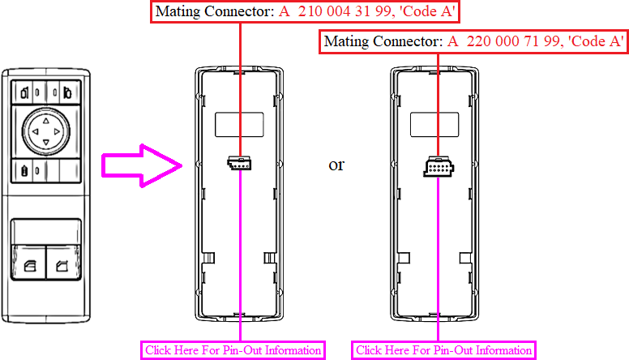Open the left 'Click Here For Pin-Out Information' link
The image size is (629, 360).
[233, 350]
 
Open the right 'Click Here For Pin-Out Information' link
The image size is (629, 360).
[444, 350]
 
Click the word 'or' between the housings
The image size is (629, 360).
[336, 165]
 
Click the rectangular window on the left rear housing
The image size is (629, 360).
[238, 124]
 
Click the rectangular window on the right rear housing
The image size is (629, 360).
[439, 124]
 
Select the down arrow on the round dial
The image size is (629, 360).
[45, 144]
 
